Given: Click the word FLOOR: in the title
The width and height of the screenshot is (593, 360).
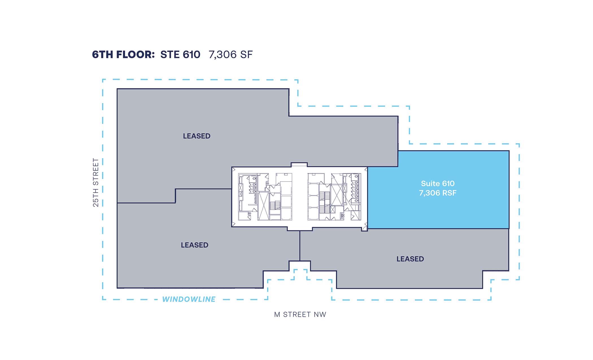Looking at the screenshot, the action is point(135,54).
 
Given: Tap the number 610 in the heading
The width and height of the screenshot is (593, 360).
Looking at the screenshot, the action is point(191,54).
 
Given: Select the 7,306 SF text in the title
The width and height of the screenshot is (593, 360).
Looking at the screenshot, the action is point(231,55).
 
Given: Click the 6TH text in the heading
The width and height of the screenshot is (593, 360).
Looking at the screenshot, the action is point(103,54).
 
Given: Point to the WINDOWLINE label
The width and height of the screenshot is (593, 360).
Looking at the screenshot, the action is point(189,299).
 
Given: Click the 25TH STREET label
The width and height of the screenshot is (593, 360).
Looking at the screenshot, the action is point(96,182).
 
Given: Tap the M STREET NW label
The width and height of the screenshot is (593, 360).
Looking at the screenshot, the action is point(300,315).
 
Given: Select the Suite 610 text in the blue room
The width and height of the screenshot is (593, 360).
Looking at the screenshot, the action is point(438,184).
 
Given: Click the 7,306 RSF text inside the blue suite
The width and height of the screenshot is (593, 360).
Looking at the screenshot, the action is point(438,193).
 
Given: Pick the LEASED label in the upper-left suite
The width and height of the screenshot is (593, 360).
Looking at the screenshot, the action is point(197,136).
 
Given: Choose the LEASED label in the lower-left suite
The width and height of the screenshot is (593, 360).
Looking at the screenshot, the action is point(195,245).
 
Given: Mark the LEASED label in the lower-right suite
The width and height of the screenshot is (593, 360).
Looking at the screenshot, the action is point(410,259).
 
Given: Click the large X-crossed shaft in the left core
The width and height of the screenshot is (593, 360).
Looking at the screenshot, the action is point(263,206).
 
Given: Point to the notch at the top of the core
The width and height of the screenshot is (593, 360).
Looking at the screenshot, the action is point(299,165).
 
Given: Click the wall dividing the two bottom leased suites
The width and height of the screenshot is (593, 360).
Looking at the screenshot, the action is point(300,246).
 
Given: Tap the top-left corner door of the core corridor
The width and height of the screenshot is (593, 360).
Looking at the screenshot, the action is point(234,169).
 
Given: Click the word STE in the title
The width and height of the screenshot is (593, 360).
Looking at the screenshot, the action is point(170,54).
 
